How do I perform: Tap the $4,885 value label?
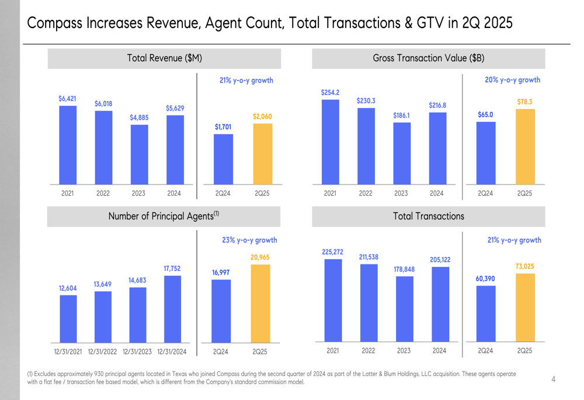[x=139, y=117]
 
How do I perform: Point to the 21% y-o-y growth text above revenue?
[x=246, y=80]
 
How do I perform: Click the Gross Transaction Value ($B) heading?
[x=428, y=58]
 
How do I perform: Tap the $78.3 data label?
[x=524, y=102]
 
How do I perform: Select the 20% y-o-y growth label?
[x=512, y=80]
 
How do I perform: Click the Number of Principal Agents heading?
[x=164, y=217]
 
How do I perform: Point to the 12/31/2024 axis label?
[x=172, y=352]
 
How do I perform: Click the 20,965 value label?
[x=260, y=257]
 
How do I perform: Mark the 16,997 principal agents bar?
[x=221, y=311]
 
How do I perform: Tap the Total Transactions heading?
[x=428, y=217]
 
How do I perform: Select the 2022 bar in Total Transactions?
[x=369, y=302]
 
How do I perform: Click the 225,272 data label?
[x=332, y=252]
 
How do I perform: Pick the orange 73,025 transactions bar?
[x=524, y=307]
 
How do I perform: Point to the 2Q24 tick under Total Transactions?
[x=485, y=351]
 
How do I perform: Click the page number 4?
[x=553, y=380]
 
